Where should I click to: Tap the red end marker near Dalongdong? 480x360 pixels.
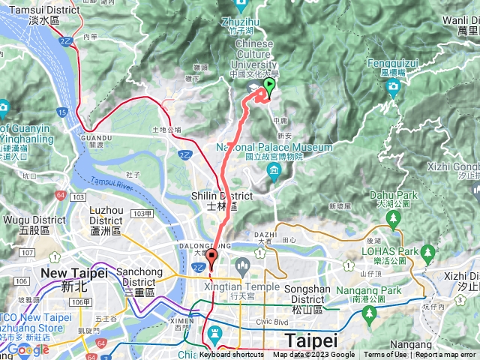[x=211, y=259]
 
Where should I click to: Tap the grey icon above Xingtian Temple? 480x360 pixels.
[x=242, y=265]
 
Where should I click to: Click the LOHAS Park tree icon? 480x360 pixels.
[x=427, y=252]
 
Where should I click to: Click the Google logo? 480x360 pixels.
[x=28, y=349]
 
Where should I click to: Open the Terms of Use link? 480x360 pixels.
[x=385, y=355]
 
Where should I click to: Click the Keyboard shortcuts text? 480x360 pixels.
[x=232, y=355]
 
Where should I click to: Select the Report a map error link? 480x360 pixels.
[x=445, y=355]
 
